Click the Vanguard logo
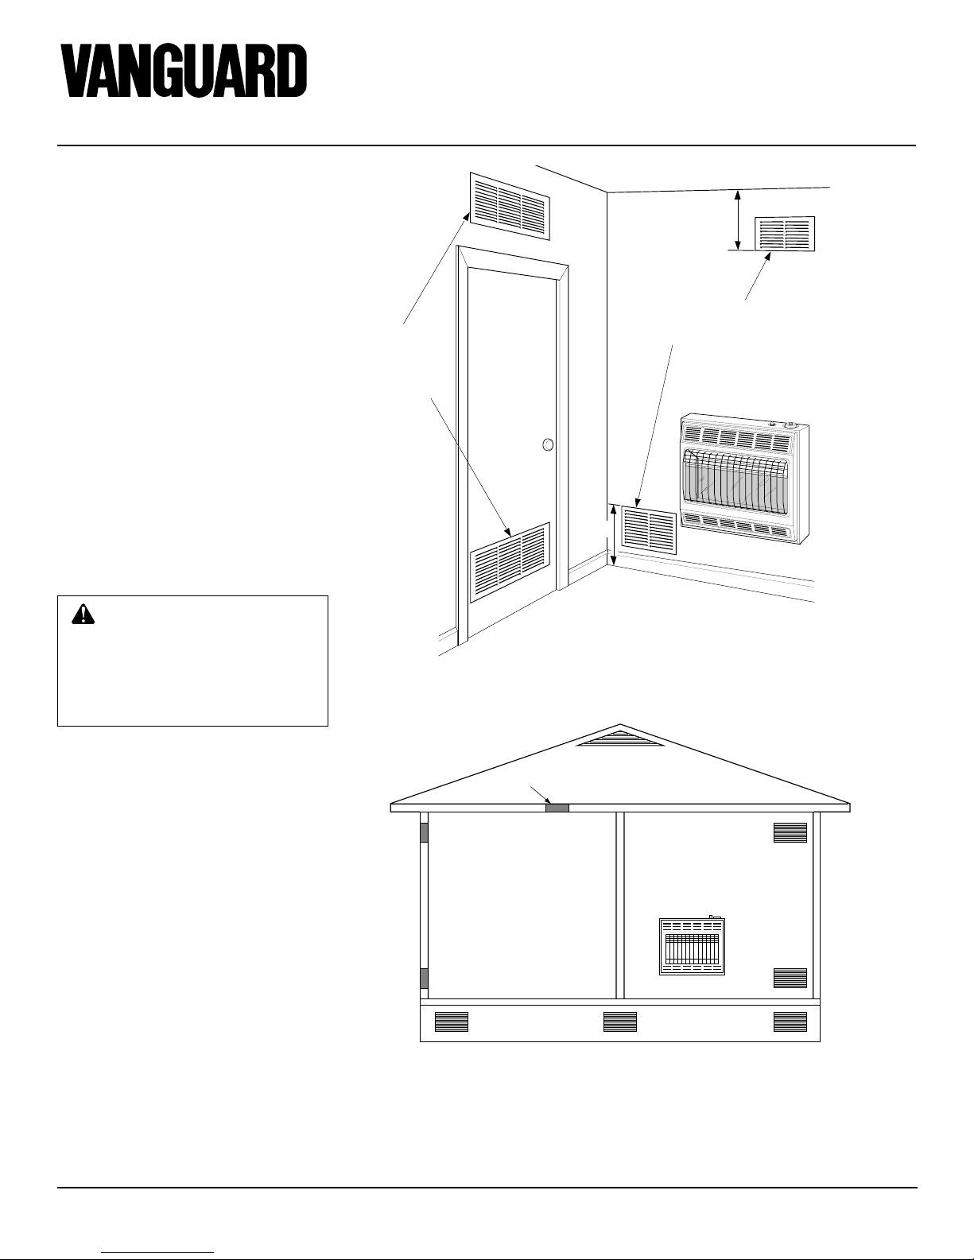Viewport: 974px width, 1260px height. [184, 71]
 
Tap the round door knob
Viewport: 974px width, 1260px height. [548, 444]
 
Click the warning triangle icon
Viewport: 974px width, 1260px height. [83, 614]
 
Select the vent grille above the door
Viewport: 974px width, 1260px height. [510, 206]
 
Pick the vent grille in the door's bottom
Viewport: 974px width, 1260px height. [510, 562]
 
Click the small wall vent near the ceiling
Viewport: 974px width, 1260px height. [785, 234]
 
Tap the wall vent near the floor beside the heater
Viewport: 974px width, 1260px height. [649, 530]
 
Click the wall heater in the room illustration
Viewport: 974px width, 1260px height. [744, 479]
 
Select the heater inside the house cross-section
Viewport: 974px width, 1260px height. [692, 946]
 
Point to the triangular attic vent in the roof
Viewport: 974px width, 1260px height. [619, 739]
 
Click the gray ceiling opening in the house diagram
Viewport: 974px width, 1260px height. [557, 808]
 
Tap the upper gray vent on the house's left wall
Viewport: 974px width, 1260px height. [424, 832]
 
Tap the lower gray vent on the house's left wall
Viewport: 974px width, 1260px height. [424, 979]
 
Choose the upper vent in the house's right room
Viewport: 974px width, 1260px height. [790, 832]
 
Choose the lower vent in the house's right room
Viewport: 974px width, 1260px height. [790, 979]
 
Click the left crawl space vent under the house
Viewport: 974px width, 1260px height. [452, 1022]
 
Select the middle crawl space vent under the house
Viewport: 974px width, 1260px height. [619, 1022]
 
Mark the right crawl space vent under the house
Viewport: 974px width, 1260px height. [790, 1022]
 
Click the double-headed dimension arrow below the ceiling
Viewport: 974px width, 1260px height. [738, 219]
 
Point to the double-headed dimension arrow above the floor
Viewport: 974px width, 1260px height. [613, 535]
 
